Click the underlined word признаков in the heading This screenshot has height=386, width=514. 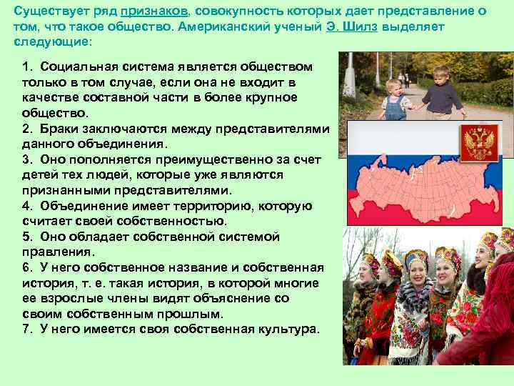pyautogui.click(x=151, y=12)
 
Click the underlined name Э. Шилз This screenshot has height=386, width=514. pyautogui.click(x=354, y=27)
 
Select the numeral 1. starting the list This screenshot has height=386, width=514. pyautogui.click(x=28, y=66)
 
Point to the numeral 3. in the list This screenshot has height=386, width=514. pyautogui.click(x=28, y=159)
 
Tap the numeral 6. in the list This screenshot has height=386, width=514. pyautogui.click(x=28, y=267)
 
